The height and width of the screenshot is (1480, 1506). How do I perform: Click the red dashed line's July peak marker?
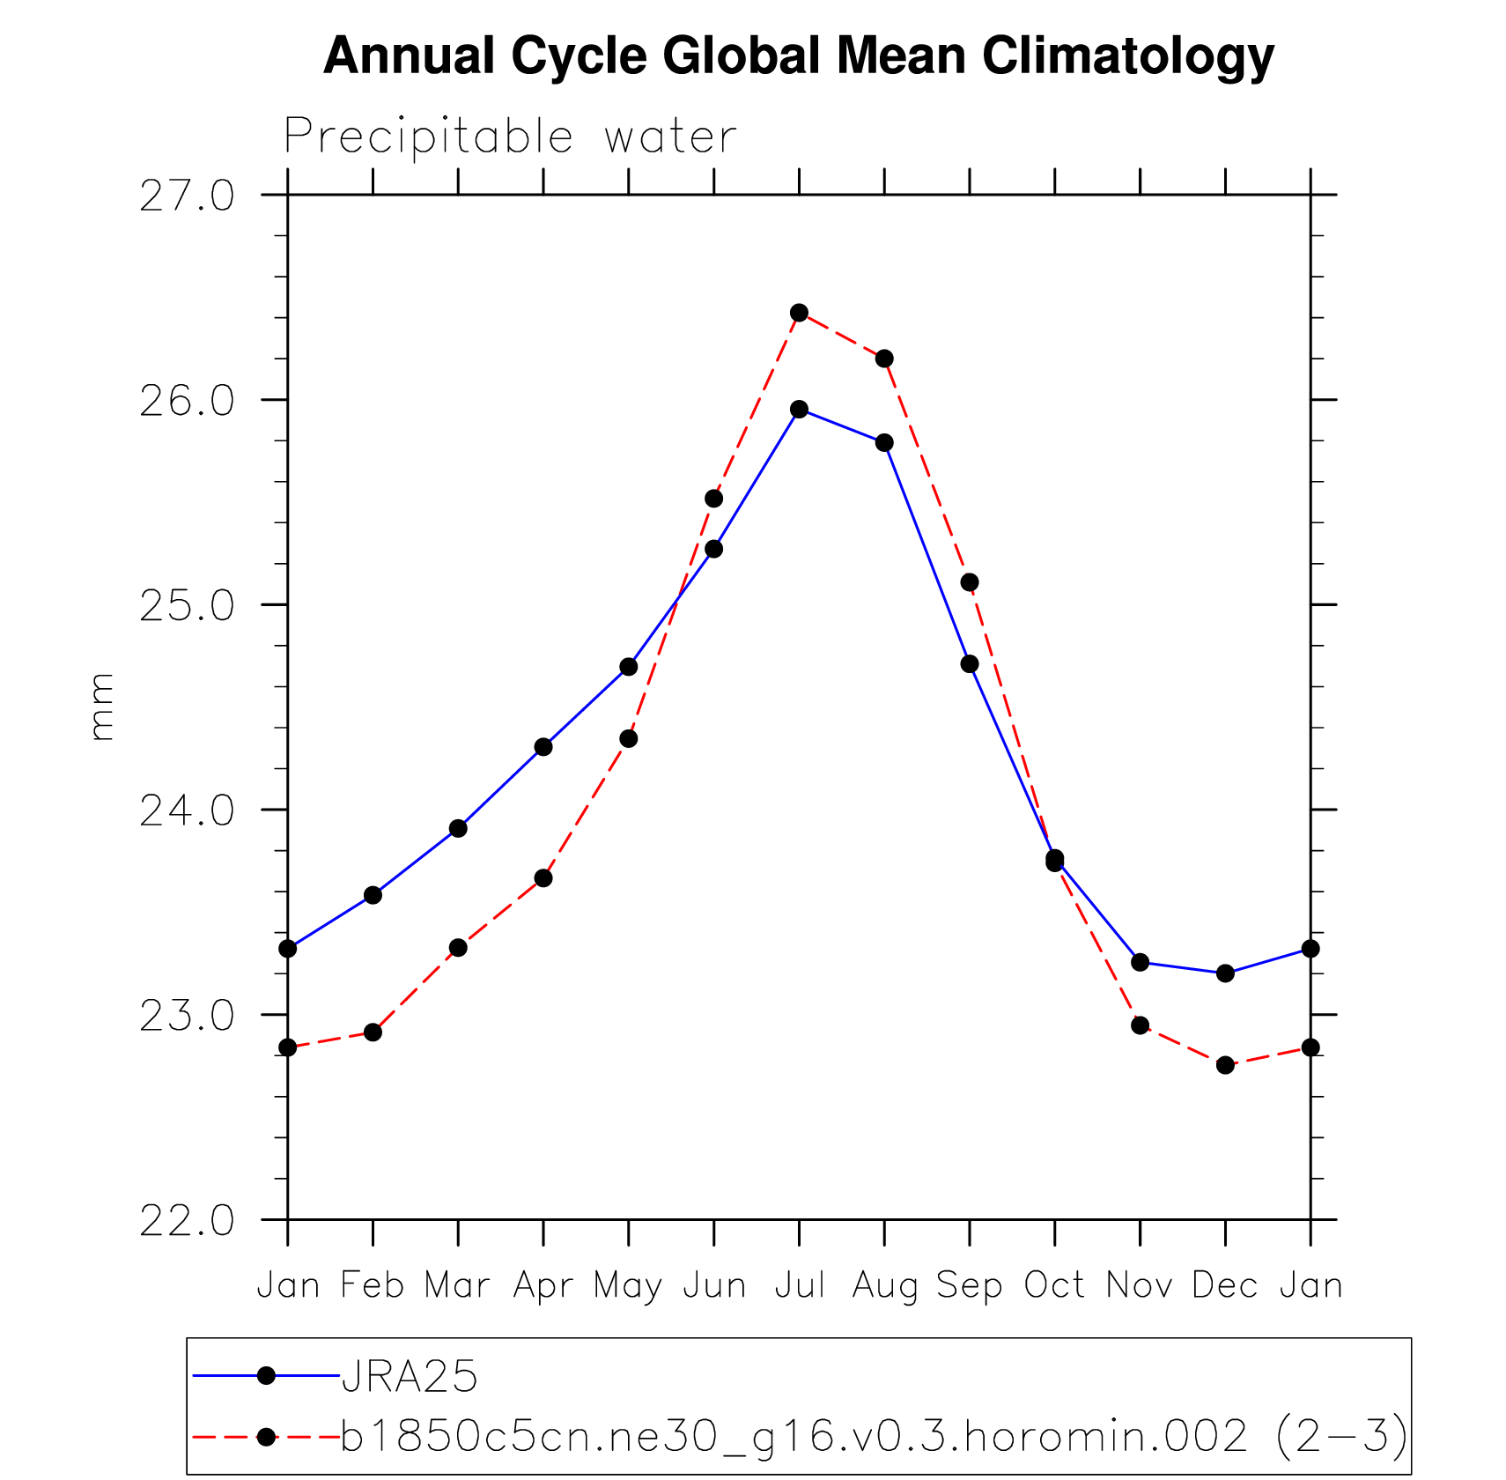click(799, 313)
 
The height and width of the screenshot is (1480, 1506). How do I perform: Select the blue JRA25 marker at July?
click(799, 409)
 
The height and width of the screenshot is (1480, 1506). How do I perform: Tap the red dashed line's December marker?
click(1225, 1065)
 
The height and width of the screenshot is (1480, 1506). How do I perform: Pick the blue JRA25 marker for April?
click(543, 747)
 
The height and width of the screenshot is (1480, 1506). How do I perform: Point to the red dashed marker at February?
click(373, 1032)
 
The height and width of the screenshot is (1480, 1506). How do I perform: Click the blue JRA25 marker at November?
click(1140, 962)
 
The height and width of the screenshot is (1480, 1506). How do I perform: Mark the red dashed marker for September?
click(970, 582)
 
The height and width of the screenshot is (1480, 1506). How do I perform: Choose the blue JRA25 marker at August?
click(884, 442)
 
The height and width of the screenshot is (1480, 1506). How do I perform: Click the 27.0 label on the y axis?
click(188, 196)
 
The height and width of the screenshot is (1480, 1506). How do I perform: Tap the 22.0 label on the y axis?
click(188, 1221)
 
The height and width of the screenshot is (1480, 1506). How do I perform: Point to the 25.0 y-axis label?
click(188, 606)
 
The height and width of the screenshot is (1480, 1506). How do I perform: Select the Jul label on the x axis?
click(800, 1285)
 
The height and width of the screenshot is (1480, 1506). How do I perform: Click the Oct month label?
click(1054, 1285)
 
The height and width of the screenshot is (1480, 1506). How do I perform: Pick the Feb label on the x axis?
click(373, 1285)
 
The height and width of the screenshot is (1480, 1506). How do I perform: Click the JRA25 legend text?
click(410, 1377)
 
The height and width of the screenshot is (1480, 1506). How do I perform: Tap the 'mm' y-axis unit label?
click(102, 707)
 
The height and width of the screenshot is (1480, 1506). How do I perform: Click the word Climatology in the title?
click(1128, 55)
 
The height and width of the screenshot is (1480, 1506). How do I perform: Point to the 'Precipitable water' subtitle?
click(510, 137)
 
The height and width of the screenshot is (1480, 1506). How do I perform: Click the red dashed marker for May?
click(628, 738)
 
